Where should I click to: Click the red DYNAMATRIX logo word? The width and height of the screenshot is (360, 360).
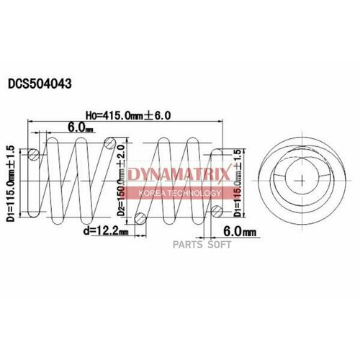(x=179, y=173)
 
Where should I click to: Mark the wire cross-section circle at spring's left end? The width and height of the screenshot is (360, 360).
(x=34, y=153)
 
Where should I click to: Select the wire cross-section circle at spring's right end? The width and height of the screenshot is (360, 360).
(x=216, y=210)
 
